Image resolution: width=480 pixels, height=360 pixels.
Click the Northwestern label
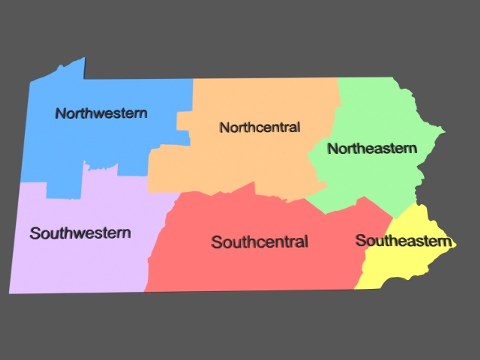tap(101, 113)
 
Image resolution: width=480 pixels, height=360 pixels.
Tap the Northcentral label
tap(260, 127)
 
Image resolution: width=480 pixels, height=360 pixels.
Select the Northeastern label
tap(372, 148)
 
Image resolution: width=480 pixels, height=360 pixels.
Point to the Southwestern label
tap(80, 233)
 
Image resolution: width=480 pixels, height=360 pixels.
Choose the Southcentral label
tap(259, 242)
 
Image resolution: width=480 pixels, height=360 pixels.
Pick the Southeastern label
tap(404, 241)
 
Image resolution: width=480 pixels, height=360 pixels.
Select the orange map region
tap(253, 160)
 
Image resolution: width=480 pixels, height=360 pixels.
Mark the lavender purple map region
tap(80, 260)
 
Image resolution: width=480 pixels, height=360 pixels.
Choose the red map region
tap(253, 267)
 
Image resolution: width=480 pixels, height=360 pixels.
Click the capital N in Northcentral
tap(224, 127)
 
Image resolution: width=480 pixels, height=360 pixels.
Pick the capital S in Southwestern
tap(35, 233)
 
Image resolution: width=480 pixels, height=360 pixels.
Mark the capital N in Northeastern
tap(332, 149)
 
